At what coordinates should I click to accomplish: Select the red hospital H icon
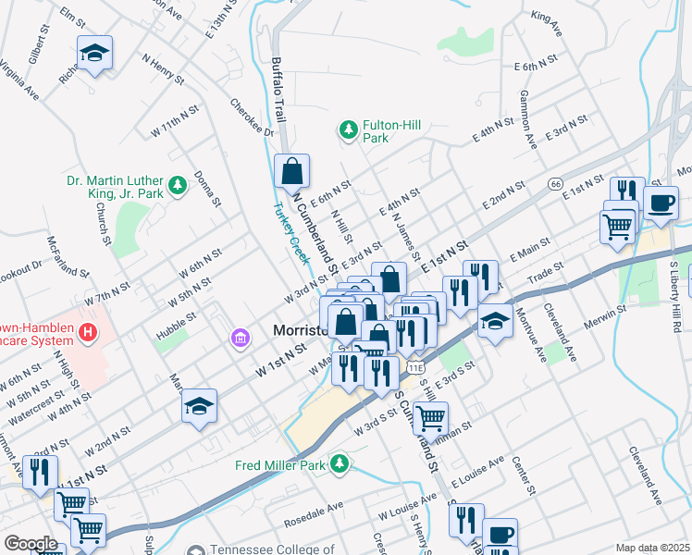click(88, 331)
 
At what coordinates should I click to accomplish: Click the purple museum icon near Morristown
click(241, 339)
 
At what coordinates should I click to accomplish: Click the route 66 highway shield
click(555, 183)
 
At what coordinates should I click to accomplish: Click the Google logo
click(31, 543)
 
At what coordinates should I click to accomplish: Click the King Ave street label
click(547, 23)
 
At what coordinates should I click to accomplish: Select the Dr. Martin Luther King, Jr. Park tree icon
click(178, 179)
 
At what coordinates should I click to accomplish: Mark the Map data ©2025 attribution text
click(652, 548)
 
